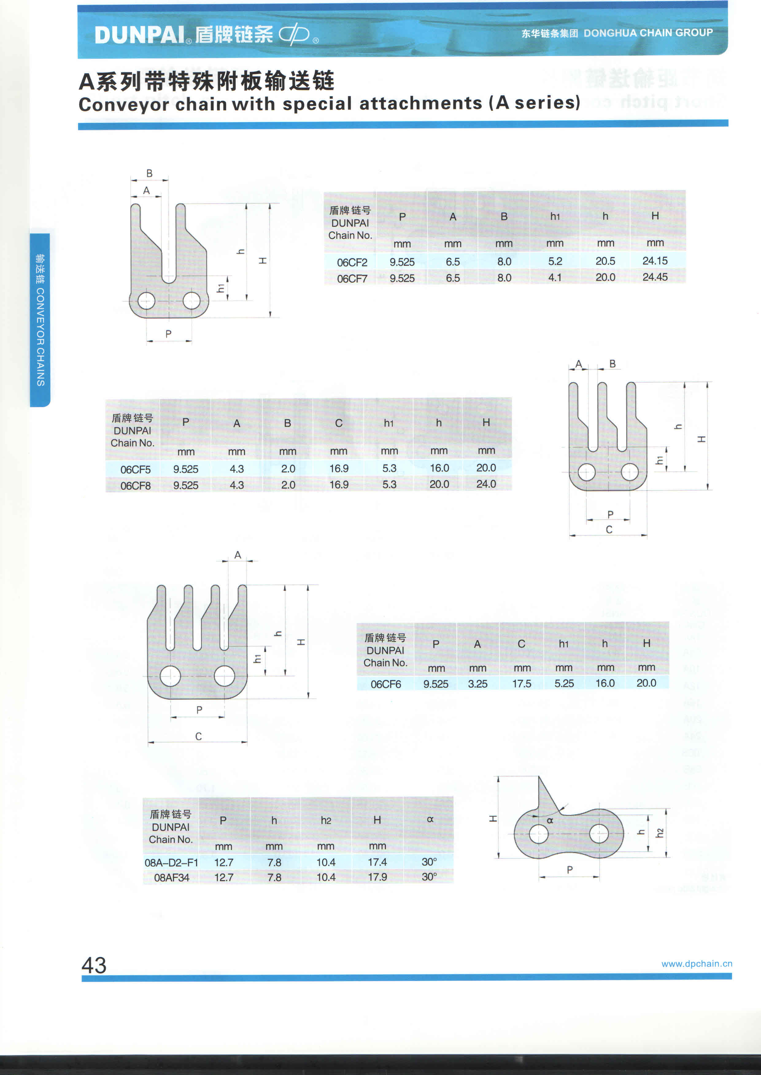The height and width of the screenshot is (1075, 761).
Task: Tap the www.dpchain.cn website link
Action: point(696,964)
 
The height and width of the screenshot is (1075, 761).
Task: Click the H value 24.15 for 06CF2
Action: point(655,261)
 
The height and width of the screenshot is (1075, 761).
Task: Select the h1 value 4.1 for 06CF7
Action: point(555,278)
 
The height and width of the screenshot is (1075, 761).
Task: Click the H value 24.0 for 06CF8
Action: point(486,484)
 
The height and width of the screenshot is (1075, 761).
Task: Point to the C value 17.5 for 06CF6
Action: point(522,683)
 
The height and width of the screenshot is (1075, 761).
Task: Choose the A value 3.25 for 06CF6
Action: point(477,683)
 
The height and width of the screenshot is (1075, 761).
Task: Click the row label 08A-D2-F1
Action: point(171,863)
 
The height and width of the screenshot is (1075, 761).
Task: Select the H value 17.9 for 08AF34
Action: point(377,877)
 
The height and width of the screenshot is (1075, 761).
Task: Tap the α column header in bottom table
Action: point(430,819)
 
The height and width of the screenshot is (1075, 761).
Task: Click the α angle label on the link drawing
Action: point(550,820)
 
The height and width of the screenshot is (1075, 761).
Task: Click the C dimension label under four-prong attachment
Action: point(199,736)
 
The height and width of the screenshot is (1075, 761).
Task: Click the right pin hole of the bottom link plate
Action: point(599,833)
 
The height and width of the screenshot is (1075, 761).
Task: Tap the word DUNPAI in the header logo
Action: point(140,35)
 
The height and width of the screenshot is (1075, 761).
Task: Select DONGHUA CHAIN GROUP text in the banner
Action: point(648,33)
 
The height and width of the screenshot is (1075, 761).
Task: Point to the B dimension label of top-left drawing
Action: point(149,173)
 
